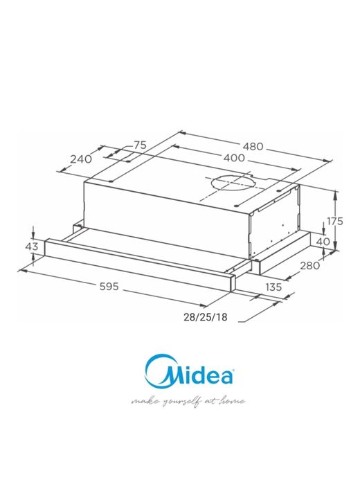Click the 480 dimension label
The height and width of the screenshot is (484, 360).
[253, 146]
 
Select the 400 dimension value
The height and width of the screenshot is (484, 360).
[233, 159]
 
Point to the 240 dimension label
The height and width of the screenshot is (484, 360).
[81, 159]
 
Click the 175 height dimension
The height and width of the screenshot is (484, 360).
[335, 222]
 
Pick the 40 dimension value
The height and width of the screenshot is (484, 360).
[323, 242]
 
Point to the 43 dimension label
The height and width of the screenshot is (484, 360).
[31, 247]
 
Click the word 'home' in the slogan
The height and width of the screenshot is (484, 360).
[232, 402]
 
